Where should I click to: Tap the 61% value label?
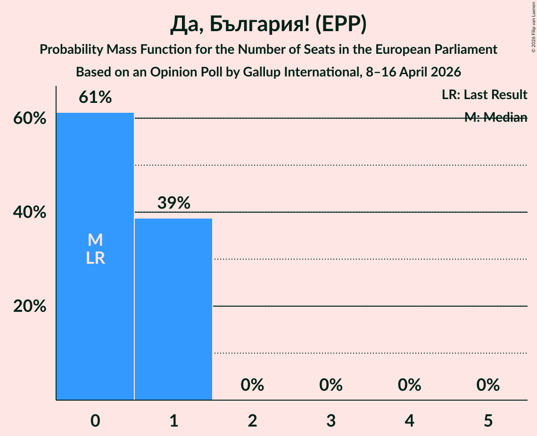click(x=95, y=98)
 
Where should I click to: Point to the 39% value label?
click(x=173, y=203)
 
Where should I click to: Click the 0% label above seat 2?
click(x=252, y=385)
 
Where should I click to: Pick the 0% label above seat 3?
click(x=330, y=385)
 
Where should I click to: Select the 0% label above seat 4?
click(x=409, y=385)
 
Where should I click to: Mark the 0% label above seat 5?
click(x=487, y=385)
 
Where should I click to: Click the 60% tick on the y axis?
click(x=30, y=118)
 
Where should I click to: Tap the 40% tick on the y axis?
click(x=30, y=212)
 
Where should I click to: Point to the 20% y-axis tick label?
click(x=30, y=306)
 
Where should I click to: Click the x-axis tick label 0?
click(x=95, y=420)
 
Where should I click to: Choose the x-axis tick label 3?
click(x=330, y=420)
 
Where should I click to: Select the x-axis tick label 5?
click(x=487, y=420)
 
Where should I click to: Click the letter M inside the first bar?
click(x=95, y=240)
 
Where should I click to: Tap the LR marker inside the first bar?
click(x=95, y=258)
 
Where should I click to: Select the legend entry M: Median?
click(x=496, y=117)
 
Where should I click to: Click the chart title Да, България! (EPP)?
click(x=268, y=25)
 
